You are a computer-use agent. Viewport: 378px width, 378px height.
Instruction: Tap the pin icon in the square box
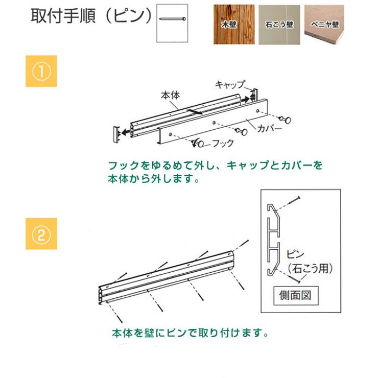pos(172,19)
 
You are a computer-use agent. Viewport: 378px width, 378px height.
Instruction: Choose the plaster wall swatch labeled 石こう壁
pos(278,24)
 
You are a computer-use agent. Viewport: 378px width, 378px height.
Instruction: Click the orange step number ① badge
pos(41,72)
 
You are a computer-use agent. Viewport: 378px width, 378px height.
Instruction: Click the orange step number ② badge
pos(41,233)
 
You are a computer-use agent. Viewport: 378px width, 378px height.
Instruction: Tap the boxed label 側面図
pos(299,295)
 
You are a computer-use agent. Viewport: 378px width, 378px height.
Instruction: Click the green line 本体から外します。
pos(152,179)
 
